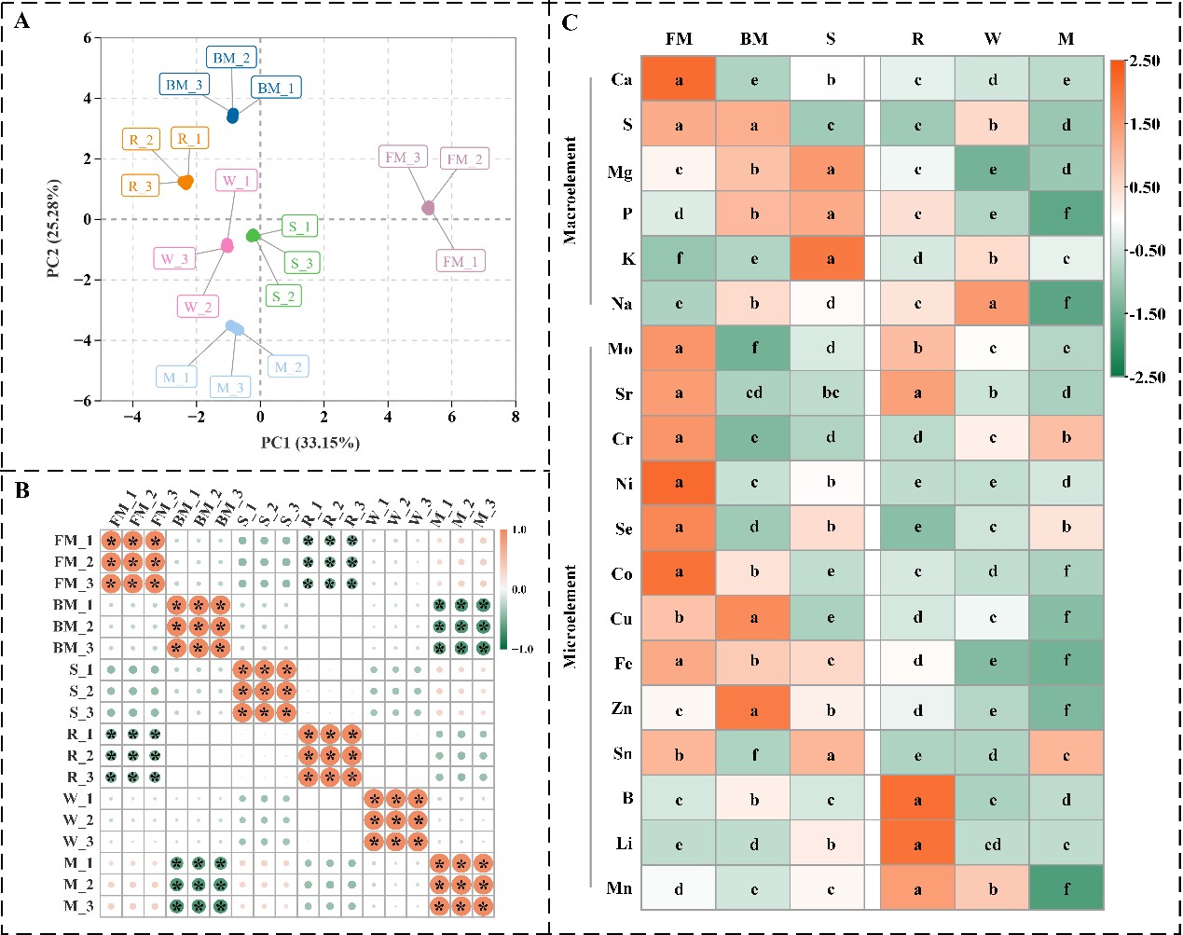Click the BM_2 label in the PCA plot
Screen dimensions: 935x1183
(230, 58)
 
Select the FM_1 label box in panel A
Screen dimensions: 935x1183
(460, 262)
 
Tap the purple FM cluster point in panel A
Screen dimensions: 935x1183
(429, 208)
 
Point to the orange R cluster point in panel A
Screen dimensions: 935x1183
(186, 182)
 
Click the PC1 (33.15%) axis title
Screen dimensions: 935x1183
(310, 442)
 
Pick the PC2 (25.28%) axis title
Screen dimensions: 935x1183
(54, 227)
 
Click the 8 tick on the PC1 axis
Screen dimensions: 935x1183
(516, 417)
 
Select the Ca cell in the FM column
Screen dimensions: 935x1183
(679, 79)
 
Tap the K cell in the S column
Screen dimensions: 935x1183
(830, 258)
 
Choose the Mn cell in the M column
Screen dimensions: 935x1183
(1066, 888)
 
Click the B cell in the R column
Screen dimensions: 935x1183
(917, 799)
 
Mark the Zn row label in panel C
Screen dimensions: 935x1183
(622, 708)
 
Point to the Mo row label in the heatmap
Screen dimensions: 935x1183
(620, 349)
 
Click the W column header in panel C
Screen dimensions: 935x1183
(992, 38)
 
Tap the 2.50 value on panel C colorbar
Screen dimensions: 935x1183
(1144, 61)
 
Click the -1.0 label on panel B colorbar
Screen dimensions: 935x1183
(520, 649)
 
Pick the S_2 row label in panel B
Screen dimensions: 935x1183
(80, 691)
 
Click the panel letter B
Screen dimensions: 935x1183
(21, 489)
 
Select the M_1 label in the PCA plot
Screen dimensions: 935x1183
(176, 378)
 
